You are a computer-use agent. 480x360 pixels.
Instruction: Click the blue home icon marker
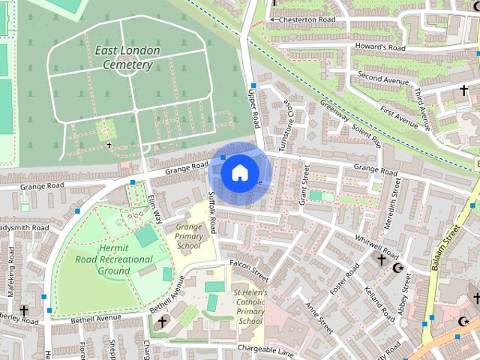pyautogui.click(x=238, y=173)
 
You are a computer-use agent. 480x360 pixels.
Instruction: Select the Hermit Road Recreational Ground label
pyautogui.click(x=114, y=259)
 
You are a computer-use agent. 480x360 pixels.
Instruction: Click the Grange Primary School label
pyautogui.click(x=188, y=235)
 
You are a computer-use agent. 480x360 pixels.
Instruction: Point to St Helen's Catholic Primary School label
pyautogui.click(x=248, y=306)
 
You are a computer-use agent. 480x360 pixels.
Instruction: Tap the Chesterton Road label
pyautogui.click(x=301, y=19)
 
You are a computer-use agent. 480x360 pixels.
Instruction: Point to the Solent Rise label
pyautogui.click(x=366, y=137)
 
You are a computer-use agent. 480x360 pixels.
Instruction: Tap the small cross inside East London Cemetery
pyautogui.click(x=109, y=145)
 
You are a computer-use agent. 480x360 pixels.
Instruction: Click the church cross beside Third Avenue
pyautogui.click(x=463, y=91)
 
